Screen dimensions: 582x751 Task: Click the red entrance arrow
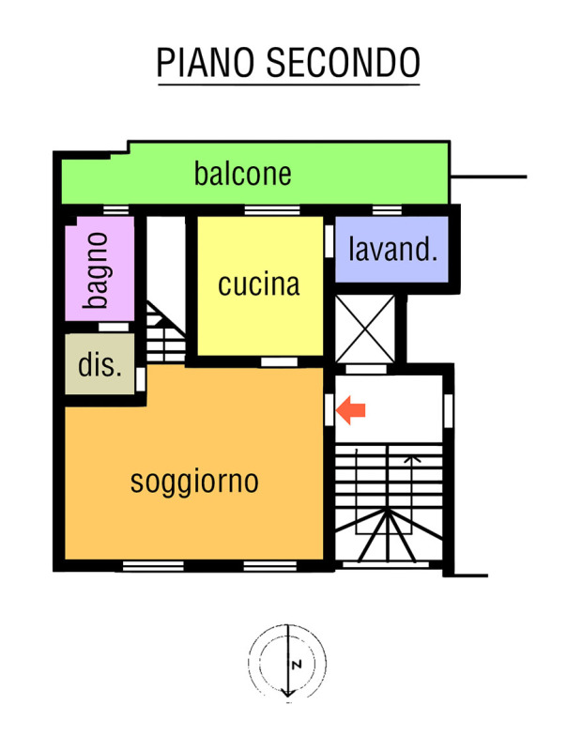pyautogui.click(x=351, y=410)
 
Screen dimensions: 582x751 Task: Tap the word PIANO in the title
pyautogui.click(x=205, y=63)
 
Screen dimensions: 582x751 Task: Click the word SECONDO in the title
pyautogui.click(x=343, y=63)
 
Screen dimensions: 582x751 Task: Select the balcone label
pyautogui.click(x=243, y=174)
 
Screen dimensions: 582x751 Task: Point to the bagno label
pyautogui.click(x=97, y=270)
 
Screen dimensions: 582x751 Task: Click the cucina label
pyautogui.click(x=259, y=284)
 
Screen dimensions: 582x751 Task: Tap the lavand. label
pyautogui.click(x=392, y=249)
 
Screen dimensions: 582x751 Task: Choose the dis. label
pyautogui.click(x=100, y=365)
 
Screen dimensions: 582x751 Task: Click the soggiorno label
pyautogui.click(x=194, y=482)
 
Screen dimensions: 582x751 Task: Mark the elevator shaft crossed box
pyautogui.click(x=365, y=329)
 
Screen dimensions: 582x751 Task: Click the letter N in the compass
pyautogui.click(x=297, y=665)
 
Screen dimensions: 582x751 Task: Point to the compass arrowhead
pyautogui.click(x=287, y=693)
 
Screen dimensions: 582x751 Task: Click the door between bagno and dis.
pyautogui.click(x=114, y=327)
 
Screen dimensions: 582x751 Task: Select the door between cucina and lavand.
pyautogui.click(x=329, y=241)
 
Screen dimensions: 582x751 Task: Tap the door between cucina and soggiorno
pyautogui.click(x=279, y=362)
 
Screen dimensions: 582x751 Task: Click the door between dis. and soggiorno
pyautogui.click(x=141, y=379)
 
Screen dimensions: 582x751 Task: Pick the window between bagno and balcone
pyautogui.click(x=115, y=210)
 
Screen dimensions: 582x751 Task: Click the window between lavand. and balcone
pyautogui.click(x=387, y=210)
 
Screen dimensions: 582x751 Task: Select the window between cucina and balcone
pyautogui.click(x=272, y=210)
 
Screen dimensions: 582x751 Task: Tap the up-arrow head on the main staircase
pyautogui.click(x=412, y=459)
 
